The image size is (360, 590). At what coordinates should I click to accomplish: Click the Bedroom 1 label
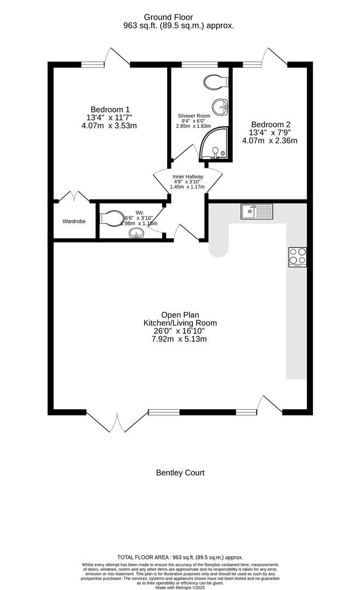point(110,109)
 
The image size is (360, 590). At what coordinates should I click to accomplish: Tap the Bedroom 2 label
point(269,124)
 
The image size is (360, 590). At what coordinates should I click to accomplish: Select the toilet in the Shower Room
point(216,82)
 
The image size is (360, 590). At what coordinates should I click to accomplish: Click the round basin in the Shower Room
point(220,105)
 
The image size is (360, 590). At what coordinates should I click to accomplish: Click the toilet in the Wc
point(113,219)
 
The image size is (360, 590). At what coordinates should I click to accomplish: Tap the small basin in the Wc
point(136,234)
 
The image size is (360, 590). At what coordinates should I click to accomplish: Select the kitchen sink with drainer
point(257,210)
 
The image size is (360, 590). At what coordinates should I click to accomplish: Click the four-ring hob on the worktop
point(298,257)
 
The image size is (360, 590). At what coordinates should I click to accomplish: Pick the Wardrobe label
point(75,222)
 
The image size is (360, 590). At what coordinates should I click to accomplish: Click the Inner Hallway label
point(188,177)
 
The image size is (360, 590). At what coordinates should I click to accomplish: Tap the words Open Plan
point(180,315)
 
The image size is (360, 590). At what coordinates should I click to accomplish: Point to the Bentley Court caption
point(180,473)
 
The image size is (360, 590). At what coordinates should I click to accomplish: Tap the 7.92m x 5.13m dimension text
point(180,339)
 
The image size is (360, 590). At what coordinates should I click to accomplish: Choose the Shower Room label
point(194,116)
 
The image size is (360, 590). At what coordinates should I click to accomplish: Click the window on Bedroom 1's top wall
point(93,64)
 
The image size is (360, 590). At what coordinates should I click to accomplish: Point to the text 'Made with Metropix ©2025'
point(180,587)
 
